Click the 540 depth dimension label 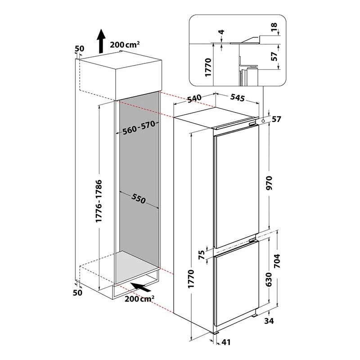click(194, 99)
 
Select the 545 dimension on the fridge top click(238, 98)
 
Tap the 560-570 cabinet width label click(139, 128)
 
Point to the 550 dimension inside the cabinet click(139, 198)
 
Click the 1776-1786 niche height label click(99, 201)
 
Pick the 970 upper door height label click(269, 183)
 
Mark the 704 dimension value click(277, 261)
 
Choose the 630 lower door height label click(269, 279)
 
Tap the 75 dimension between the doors click(201, 255)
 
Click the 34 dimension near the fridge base click(269, 321)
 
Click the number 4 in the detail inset click(221, 31)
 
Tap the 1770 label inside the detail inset click(208, 67)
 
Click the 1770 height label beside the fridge click(191, 279)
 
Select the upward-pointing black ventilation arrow click(100, 41)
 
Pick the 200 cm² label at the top click(125, 44)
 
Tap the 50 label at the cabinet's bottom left click(77, 292)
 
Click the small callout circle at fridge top click(263, 121)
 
